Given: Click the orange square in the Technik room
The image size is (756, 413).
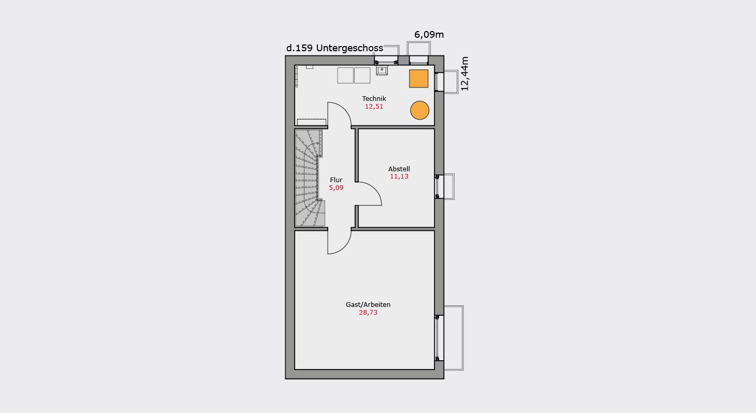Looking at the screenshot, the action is coord(418,79).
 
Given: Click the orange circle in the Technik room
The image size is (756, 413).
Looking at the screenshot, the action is coord(419,110).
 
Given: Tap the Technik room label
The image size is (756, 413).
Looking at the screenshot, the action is coord(374,98).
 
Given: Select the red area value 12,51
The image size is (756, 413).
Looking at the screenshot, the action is coord(374,107).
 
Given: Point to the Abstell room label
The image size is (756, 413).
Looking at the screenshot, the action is coord(399,169).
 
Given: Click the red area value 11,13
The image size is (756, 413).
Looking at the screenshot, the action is coord(399,176).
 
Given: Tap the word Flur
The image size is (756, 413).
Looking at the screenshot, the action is coord(336,180).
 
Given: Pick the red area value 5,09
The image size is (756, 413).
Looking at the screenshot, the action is coord(336,188).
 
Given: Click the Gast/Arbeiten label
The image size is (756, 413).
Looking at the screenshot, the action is coord(368,305).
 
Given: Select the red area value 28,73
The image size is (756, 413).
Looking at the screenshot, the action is coord(368,313).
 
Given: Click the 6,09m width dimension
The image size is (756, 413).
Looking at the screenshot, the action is coord(429,35).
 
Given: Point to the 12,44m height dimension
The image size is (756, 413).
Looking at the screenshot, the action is coord(465,73).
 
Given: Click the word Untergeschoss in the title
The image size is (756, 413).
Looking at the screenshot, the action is coord(350,48).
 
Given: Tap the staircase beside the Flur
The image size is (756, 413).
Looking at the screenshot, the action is coord(309,178).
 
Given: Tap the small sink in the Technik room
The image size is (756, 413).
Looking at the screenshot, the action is coord(382,70).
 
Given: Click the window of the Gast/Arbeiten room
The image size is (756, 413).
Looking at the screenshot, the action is coord(438,338).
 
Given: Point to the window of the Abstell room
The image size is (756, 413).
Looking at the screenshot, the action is coord(438,187).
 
